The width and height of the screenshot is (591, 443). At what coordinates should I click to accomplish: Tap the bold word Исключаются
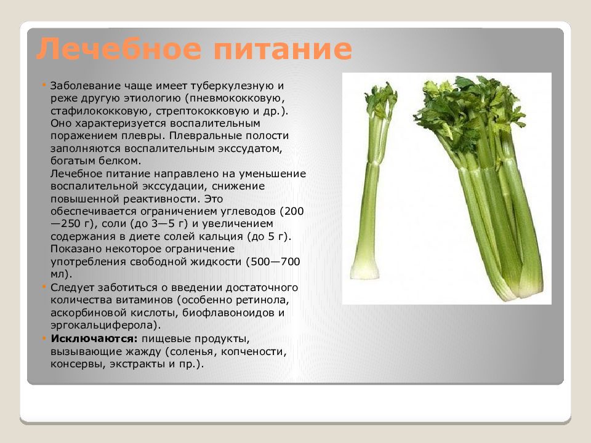94,339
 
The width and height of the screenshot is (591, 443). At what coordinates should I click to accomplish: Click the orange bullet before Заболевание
44,84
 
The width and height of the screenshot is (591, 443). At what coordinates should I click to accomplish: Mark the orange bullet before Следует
44,287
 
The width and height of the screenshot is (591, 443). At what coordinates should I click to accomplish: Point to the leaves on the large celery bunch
459,111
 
